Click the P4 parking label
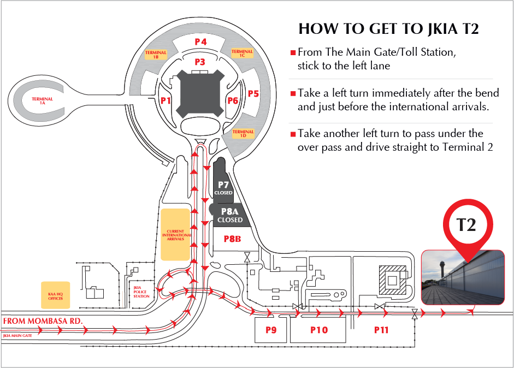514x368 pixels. (x=200, y=41)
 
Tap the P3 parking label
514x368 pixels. (x=200, y=62)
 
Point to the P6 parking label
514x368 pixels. (x=233, y=100)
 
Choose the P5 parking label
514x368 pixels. (x=253, y=93)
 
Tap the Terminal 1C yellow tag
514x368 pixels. (x=242, y=54)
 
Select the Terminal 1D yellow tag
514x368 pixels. (x=243, y=133)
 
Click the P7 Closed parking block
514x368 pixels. (x=223, y=187)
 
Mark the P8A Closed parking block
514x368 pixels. (x=229, y=215)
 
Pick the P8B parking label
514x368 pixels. (x=232, y=239)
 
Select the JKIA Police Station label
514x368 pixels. (x=141, y=293)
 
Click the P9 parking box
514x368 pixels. (x=271, y=330)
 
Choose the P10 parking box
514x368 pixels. (x=318, y=330)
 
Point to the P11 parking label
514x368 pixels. (x=381, y=330)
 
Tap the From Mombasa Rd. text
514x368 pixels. (x=43, y=321)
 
